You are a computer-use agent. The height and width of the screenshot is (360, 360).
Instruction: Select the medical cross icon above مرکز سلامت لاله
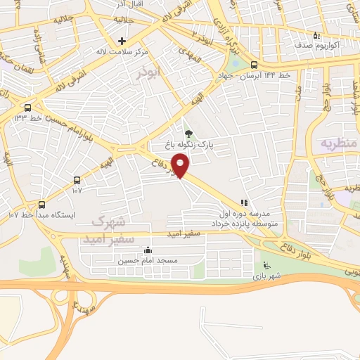(x=122, y=41)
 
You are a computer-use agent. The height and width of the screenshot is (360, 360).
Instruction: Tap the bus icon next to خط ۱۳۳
(x=27, y=108)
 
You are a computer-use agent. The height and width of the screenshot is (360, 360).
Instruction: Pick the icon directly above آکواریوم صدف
(x=317, y=35)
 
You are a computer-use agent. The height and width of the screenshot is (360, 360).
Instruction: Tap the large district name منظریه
(x=339, y=143)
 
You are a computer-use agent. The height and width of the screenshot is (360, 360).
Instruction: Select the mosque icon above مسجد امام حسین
(x=148, y=250)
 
